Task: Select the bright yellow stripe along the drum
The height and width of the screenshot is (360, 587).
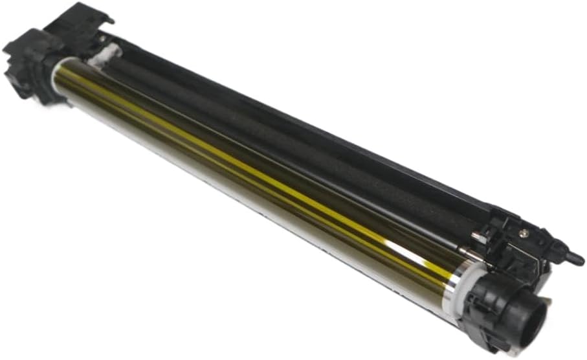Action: pyautogui.click(x=259, y=162)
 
